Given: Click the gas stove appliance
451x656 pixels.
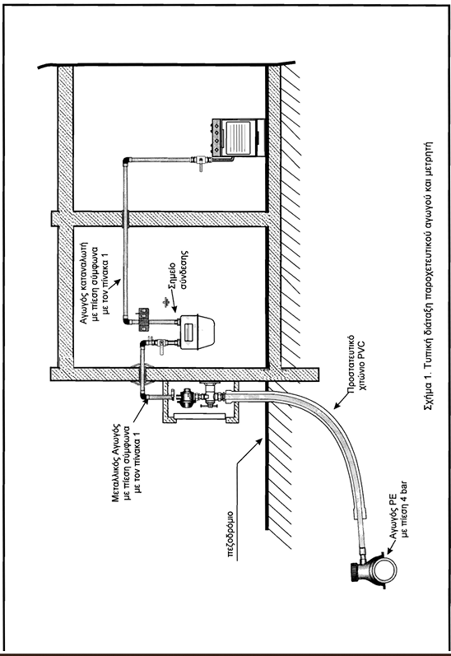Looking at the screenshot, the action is coord(238,138).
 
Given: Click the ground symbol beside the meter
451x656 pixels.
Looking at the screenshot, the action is coord(166,300).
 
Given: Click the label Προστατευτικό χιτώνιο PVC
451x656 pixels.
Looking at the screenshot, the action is coord(357,362).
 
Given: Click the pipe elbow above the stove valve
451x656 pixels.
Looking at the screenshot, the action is coord(127,161).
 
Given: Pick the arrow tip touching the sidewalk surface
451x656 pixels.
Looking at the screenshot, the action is coord(263,440).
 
